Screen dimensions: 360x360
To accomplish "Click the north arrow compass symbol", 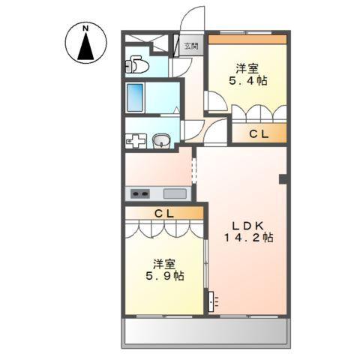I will [x=85, y=46].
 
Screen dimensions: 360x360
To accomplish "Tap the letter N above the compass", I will [x=85, y=28].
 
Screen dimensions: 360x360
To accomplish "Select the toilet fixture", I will [x=139, y=66].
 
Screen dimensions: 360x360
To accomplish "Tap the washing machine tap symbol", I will [x=138, y=140].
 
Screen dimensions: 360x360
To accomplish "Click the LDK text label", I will [x=246, y=225].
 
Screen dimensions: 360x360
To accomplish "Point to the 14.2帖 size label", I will [x=247, y=238].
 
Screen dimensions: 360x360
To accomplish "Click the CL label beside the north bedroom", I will [x=258, y=133].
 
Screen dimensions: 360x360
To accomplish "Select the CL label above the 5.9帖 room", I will [x=165, y=213].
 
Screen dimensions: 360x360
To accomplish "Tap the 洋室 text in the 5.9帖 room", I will [x=166, y=264].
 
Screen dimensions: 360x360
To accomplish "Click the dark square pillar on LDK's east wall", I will [x=283, y=178].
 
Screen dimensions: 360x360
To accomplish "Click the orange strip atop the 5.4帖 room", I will [x=247, y=39].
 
